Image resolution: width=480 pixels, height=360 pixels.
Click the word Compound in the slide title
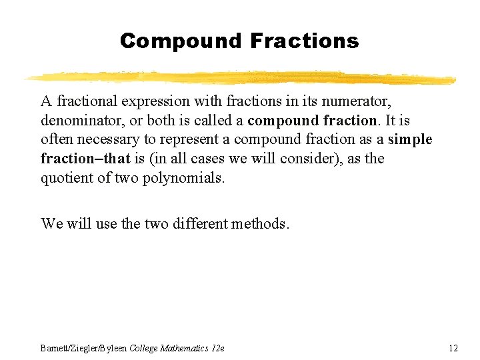pos(181,41)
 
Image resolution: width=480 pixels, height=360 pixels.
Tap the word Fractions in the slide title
pos(305,41)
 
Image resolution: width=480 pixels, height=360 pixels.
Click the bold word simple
pos(410,140)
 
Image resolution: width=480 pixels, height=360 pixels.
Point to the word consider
pos(312,159)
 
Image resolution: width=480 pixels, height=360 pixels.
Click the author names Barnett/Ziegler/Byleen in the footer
pos(83,348)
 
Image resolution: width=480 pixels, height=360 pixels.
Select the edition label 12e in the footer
pos(218,348)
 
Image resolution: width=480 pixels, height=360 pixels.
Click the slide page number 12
pos(453,348)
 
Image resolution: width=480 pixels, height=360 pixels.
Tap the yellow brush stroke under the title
pos(240,77)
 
